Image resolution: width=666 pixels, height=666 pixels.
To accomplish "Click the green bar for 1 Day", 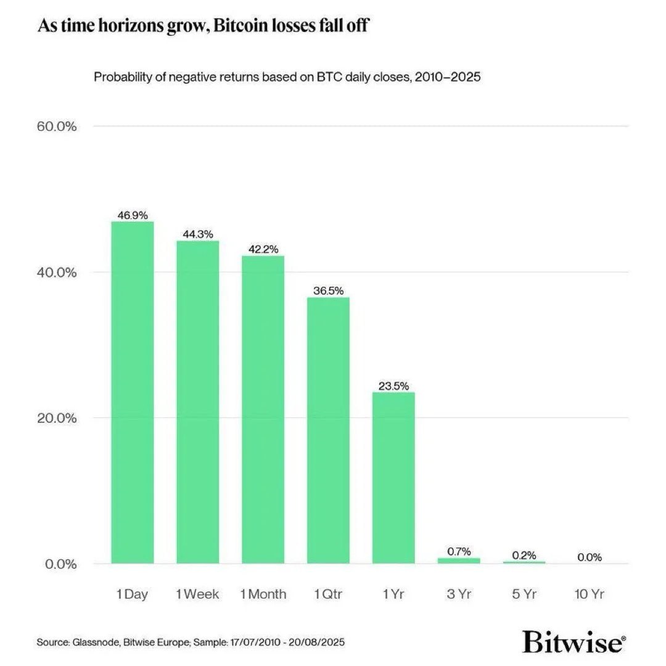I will click(132, 392).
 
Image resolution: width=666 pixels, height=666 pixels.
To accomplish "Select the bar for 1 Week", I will click(197, 401).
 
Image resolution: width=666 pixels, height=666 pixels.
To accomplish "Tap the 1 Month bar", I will click(263, 409).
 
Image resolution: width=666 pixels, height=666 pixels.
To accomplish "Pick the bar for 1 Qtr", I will click(328, 430).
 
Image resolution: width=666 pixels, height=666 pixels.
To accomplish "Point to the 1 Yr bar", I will click(393, 477).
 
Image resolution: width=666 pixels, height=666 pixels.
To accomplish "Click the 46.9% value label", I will click(132, 215).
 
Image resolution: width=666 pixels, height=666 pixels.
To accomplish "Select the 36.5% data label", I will click(328, 291).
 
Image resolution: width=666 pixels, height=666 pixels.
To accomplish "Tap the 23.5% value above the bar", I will click(393, 386).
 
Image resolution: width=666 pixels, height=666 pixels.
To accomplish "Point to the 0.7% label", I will click(459, 551).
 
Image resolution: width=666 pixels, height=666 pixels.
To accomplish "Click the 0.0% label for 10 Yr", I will click(590, 557).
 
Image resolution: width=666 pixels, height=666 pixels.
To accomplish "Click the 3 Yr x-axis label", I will click(459, 594).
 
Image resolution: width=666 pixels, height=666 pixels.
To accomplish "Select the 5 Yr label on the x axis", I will click(524, 594).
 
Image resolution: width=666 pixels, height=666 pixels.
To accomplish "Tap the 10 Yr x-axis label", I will click(590, 594).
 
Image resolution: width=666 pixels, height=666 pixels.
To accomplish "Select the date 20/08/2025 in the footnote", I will click(318, 643).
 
